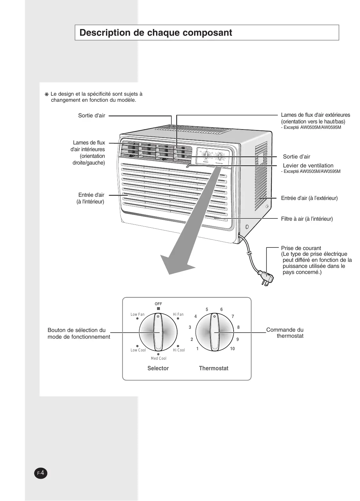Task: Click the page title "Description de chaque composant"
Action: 156,33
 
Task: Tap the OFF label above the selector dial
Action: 158,304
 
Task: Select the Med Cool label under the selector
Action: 159,358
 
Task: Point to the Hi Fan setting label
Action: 178,314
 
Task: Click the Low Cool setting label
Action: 138,350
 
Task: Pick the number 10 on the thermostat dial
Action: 232,349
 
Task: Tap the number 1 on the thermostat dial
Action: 197,349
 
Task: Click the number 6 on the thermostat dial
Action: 221,310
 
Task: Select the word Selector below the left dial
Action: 158,368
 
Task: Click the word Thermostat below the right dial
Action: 214,368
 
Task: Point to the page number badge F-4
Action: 41,473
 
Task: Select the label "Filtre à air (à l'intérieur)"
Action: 307,219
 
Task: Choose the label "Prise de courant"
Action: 301,248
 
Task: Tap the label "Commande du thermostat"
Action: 285,333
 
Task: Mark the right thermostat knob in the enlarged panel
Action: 214,333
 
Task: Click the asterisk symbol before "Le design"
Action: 46,94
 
